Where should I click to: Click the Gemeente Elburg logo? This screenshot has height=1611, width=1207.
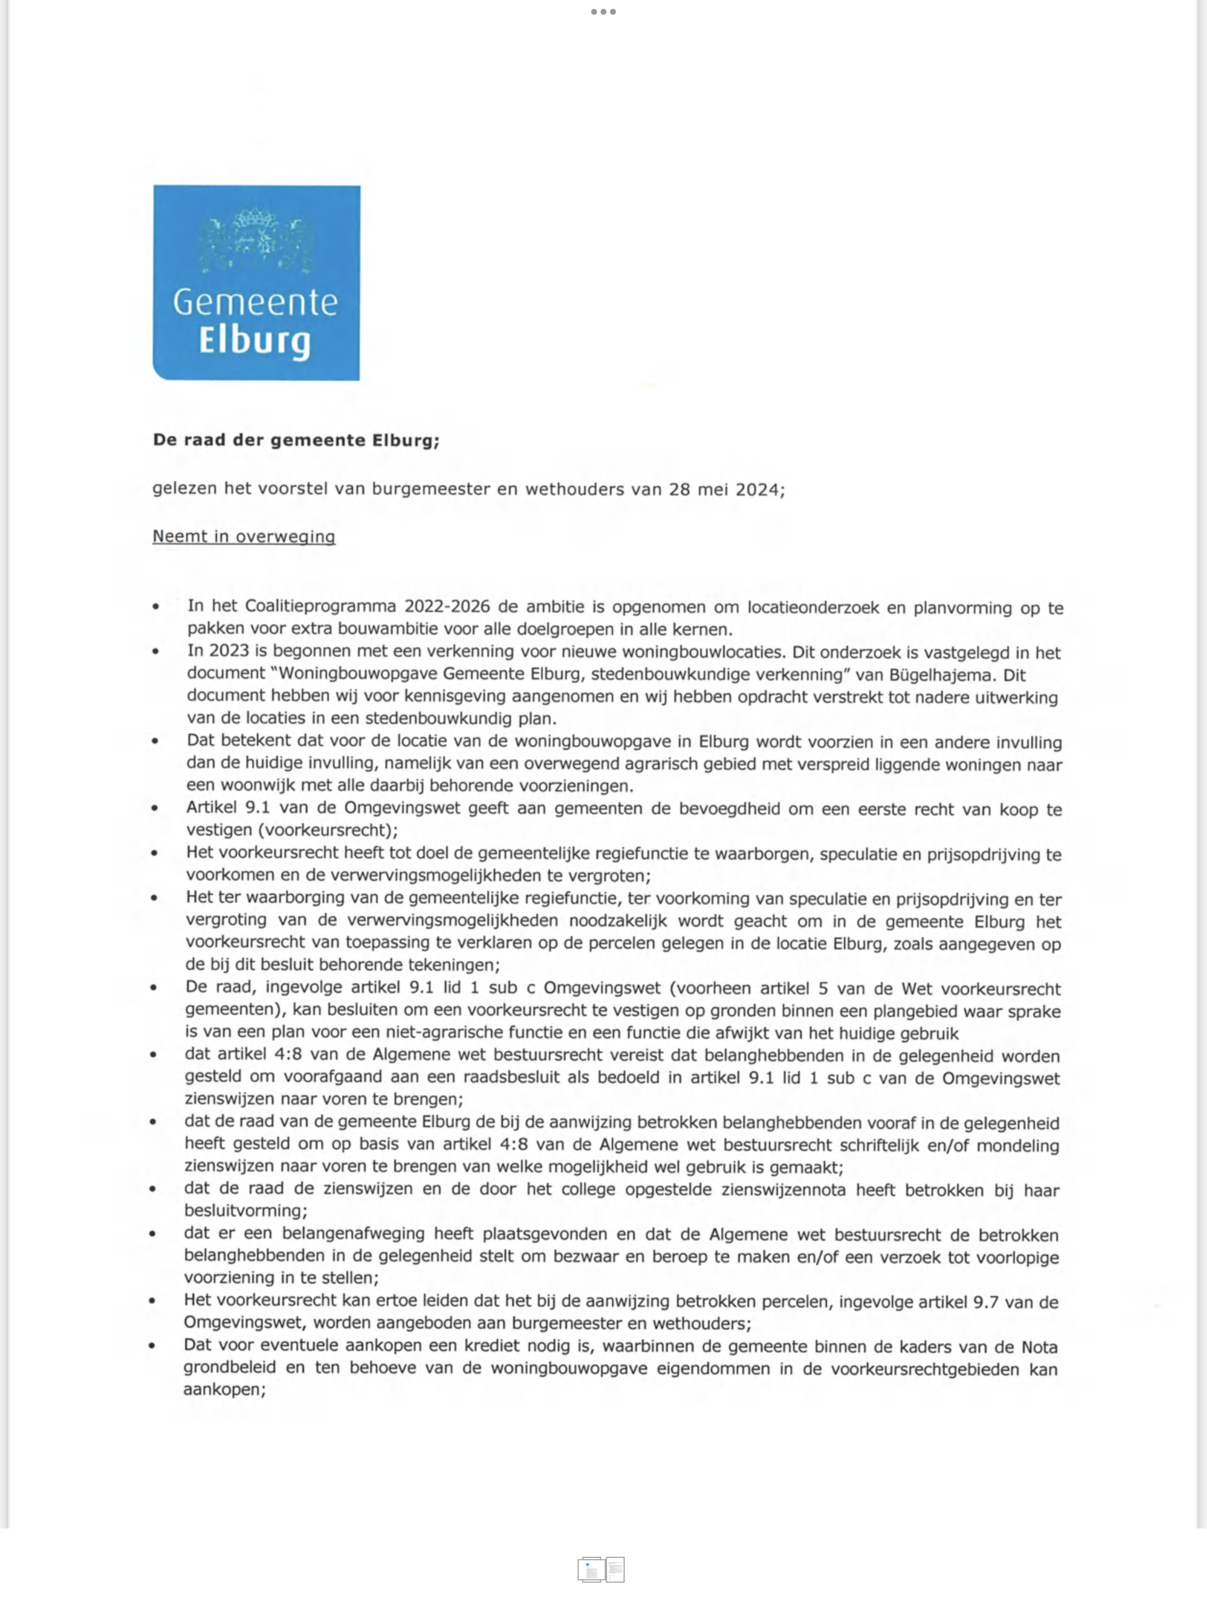[256, 282]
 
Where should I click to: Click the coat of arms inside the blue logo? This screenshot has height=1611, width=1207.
[256, 241]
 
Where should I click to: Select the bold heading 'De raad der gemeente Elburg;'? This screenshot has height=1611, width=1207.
[296, 440]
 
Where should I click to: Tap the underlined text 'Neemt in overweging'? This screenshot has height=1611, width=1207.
[243, 537]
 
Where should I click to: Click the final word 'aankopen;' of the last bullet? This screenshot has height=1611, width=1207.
[224, 1390]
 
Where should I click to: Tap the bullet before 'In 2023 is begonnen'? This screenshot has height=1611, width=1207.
[155, 652]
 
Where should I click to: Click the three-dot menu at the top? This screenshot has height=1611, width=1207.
[603, 12]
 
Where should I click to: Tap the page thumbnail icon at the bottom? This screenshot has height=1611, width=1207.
[601, 1570]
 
